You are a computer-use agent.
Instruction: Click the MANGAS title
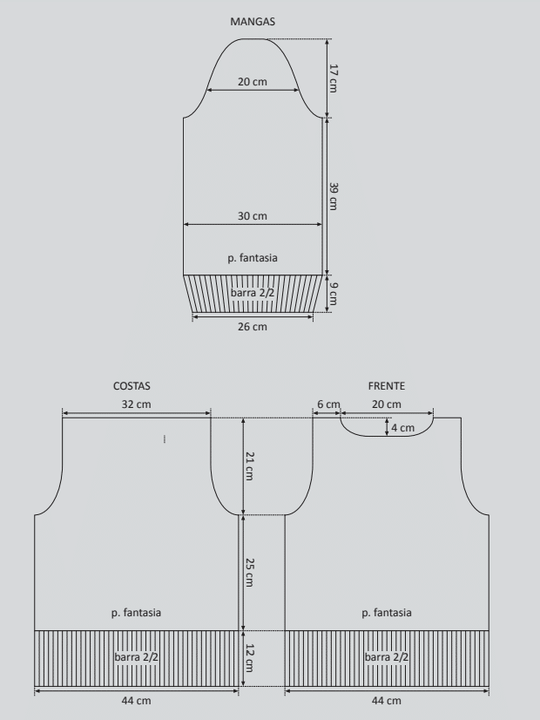coord(253,22)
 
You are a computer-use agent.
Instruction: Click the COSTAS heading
coord(132,385)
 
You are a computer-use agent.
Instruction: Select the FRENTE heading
coord(387,385)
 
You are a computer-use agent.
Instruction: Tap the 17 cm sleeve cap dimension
coord(334,78)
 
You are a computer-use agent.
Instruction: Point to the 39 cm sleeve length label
coord(334,196)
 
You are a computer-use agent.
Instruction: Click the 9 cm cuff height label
coord(334,294)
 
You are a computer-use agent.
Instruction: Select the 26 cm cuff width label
coord(253,327)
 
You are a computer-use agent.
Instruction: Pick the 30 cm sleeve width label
coord(253,216)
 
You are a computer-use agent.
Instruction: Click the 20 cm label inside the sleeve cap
coord(253,82)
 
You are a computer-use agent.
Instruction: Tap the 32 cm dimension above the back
coord(136,404)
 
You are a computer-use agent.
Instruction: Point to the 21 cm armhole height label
coord(249,466)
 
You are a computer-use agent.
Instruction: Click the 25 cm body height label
coord(249,572)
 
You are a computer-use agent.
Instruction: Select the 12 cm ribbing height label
coord(249,658)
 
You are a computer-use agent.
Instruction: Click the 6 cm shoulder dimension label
coord(328,404)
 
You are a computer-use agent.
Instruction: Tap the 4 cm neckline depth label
coord(402,427)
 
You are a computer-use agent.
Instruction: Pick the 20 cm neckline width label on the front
coord(387,404)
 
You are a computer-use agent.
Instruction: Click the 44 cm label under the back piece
coord(136,700)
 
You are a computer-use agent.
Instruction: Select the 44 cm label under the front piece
coord(387,700)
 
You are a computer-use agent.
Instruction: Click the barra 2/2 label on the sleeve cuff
coord(253,292)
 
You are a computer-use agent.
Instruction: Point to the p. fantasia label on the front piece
coord(387,613)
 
